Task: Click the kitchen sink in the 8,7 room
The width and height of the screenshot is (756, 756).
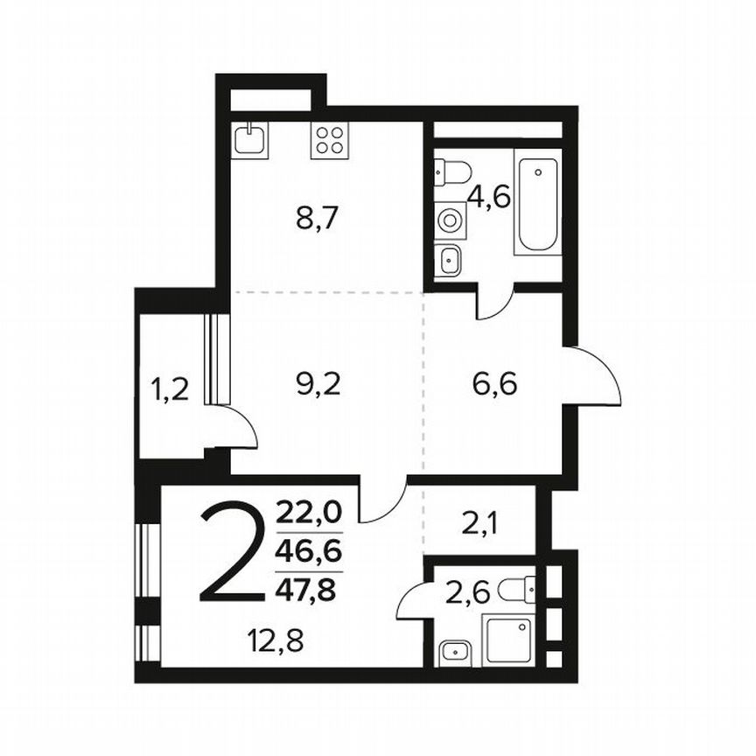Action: pos(251,139)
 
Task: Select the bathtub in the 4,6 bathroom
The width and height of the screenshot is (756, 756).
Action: pos(535,202)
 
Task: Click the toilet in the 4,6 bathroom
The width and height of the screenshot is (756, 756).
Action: pos(453,171)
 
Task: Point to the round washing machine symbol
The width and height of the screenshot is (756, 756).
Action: pos(451,220)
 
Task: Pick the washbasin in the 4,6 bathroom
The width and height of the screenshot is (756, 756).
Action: pos(449,259)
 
